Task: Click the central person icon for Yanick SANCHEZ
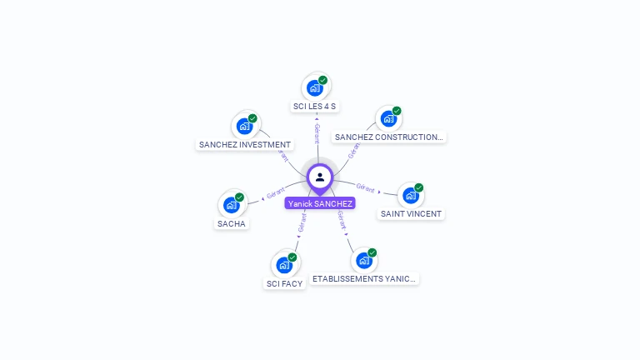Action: pos(320,177)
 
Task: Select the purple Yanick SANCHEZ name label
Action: pos(320,203)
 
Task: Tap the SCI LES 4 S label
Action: pos(315,107)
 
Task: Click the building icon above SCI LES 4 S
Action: pos(314,87)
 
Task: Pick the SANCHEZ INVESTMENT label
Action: pos(245,145)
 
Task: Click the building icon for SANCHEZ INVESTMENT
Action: pos(244,125)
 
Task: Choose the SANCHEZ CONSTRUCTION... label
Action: pos(388,137)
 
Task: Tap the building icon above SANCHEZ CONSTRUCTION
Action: pos(388,118)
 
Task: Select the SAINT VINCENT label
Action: pos(411,214)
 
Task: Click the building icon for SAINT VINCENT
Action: pos(410,195)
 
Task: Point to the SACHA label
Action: pos(232,224)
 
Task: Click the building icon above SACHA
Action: pos(231,204)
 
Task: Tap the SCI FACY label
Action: pos(284,284)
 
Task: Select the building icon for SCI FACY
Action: pos(284,264)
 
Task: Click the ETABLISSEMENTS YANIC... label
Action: pos(364,279)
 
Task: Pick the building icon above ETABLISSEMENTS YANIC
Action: pos(363,260)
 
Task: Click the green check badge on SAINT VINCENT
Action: pos(418,187)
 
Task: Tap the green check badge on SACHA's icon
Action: pos(239,197)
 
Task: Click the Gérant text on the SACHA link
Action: pos(276,193)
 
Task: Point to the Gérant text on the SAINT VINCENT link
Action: pos(365,187)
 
